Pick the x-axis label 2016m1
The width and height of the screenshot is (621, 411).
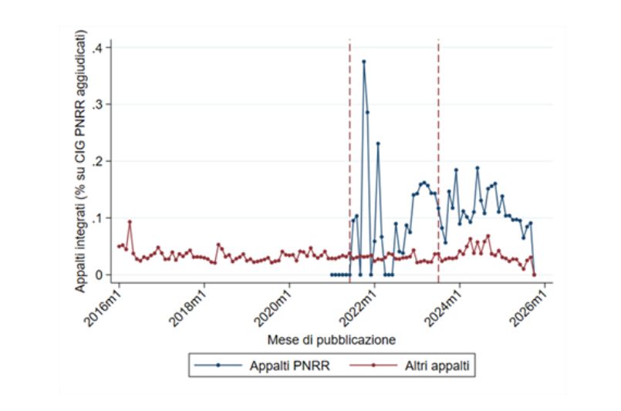[104, 305]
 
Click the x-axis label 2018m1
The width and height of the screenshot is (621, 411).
[190, 305]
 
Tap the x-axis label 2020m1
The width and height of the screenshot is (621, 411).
[275, 305]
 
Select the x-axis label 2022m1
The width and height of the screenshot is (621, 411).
[361, 305]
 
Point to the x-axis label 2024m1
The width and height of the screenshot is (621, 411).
[447, 305]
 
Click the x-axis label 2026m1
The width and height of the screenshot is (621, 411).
[532, 305]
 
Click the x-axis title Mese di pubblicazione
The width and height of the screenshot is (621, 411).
[332, 339]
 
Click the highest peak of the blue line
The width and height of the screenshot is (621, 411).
[363, 61]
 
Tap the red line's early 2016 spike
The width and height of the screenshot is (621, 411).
[130, 221]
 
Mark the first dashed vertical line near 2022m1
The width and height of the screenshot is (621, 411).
[349, 154]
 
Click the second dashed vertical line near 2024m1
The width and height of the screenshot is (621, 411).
[438, 154]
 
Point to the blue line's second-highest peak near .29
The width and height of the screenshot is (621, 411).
[367, 112]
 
